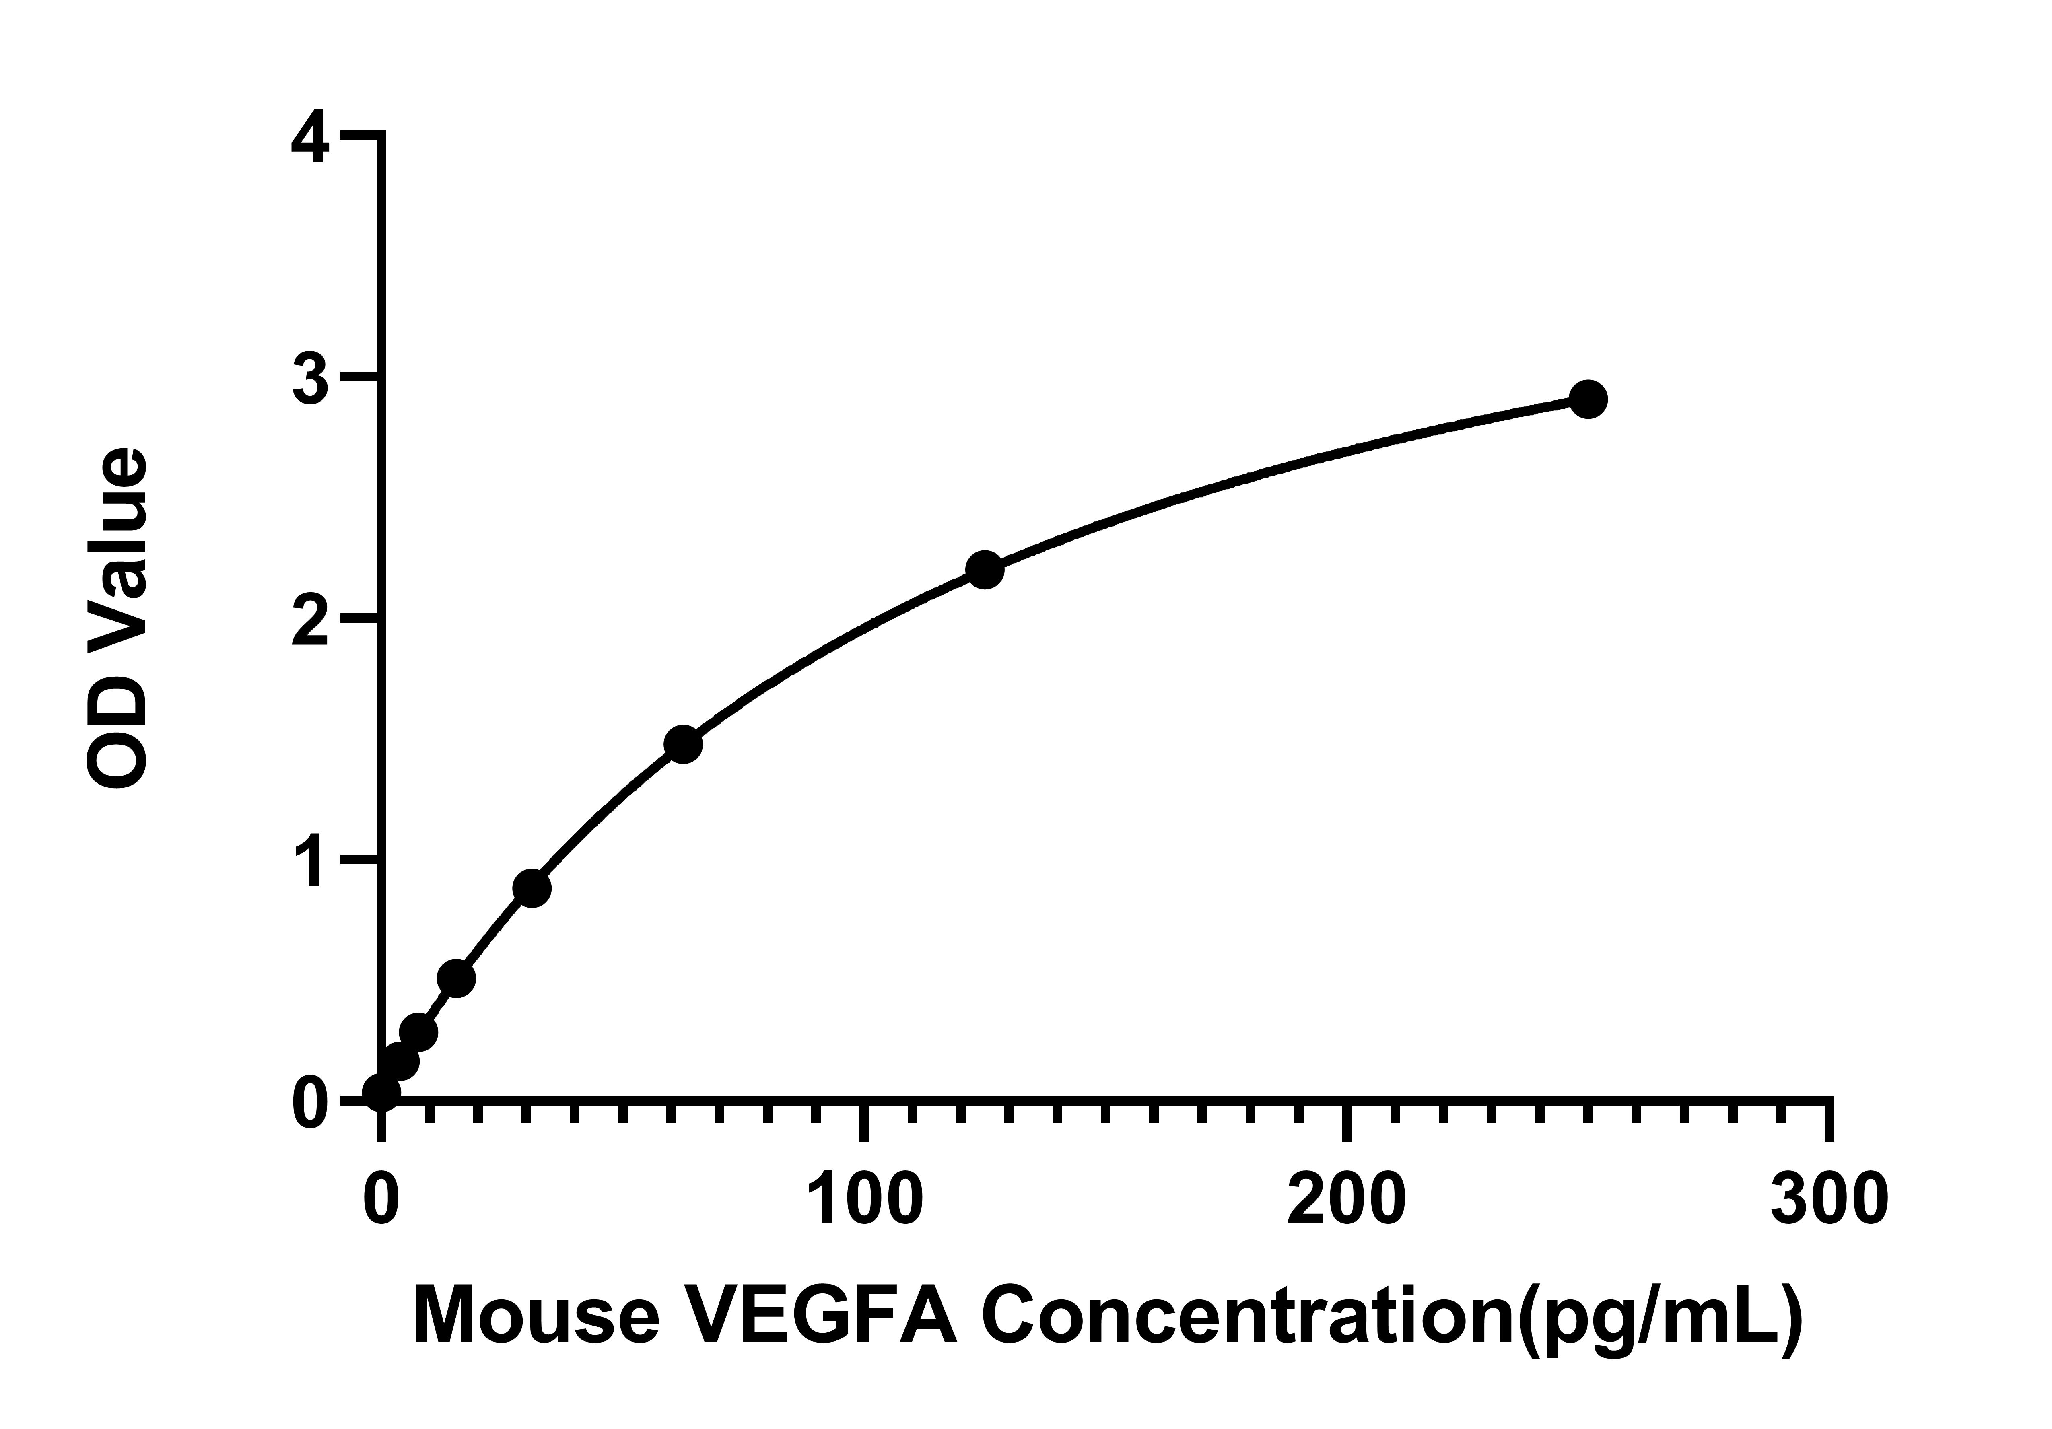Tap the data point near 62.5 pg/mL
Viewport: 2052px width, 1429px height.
pos(683,744)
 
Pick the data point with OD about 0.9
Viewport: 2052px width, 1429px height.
pos(532,888)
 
